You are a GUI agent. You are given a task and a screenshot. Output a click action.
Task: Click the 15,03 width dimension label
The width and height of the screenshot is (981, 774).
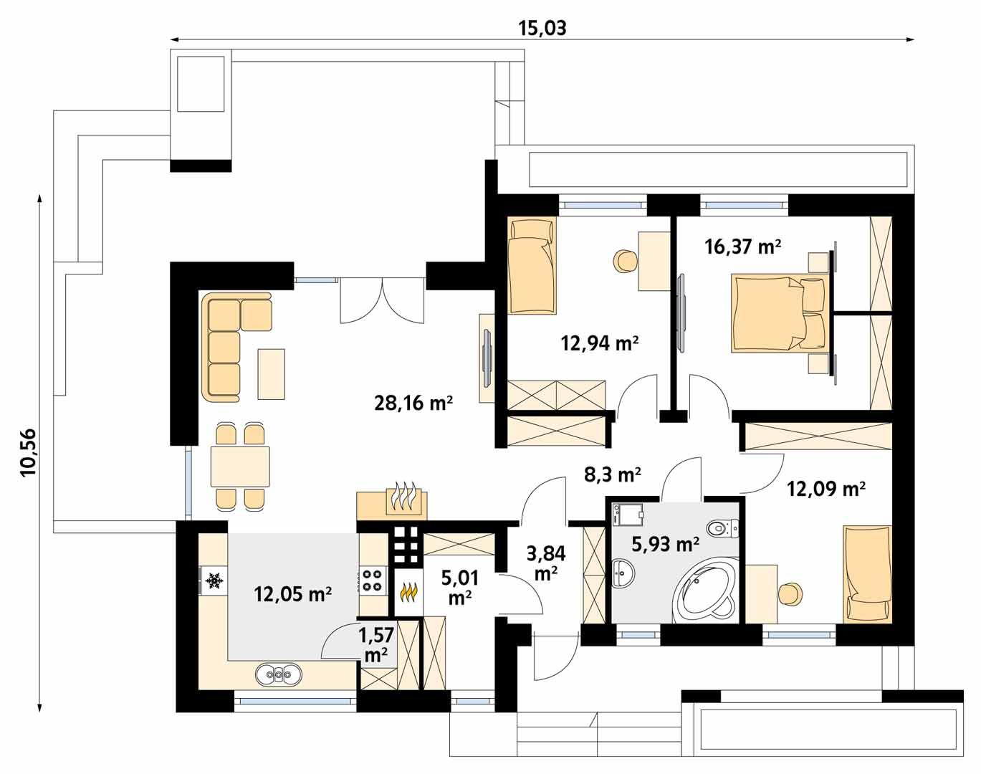point(542,28)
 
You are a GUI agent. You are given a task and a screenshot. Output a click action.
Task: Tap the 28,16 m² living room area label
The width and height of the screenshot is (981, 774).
point(413,403)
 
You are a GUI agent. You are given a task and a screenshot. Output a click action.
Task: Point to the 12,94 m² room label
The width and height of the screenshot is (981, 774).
point(600,343)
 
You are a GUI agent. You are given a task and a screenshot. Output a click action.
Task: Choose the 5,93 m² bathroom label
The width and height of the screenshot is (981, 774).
point(665,545)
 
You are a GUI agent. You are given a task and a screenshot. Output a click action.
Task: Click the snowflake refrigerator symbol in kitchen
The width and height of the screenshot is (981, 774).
point(213,580)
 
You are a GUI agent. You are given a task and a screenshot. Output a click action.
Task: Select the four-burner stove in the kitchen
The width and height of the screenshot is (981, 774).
point(372,580)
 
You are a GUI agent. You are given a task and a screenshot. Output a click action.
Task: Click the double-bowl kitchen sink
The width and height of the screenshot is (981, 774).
point(279,674)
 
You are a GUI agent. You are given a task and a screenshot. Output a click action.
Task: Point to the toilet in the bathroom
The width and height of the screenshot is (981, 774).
point(721,530)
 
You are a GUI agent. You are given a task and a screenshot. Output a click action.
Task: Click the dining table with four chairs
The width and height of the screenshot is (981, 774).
point(240,467)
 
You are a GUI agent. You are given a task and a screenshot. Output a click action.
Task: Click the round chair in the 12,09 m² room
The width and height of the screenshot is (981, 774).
point(790,593)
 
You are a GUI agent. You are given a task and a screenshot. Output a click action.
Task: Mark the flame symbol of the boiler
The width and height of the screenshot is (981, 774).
point(408,593)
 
